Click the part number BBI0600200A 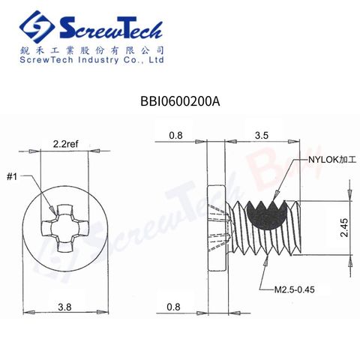tap(180, 101)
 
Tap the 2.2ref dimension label tap(65, 144)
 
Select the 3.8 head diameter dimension tap(64, 307)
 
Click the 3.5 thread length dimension tap(262, 135)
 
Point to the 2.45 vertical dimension tap(345, 227)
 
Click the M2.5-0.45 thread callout tap(294, 289)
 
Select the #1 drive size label tap(12, 177)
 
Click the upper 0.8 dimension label tap(175, 135)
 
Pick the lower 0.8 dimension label tap(173, 307)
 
